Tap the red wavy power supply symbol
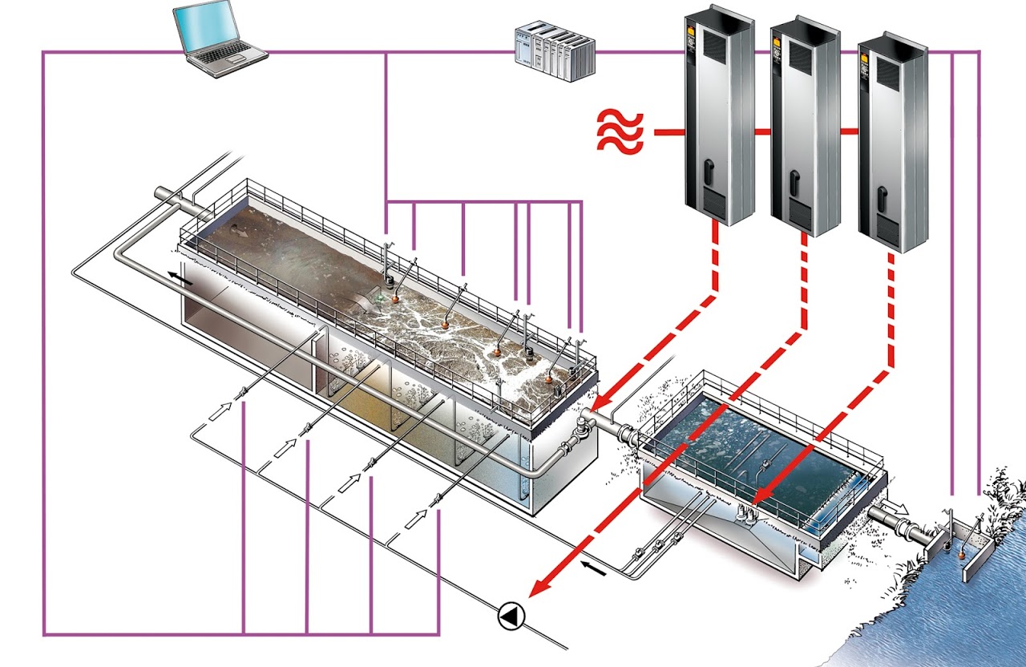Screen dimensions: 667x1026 tap(619, 132)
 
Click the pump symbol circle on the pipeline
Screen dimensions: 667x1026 tap(510, 616)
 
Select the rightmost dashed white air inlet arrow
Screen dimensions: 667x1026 tap(417, 516)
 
